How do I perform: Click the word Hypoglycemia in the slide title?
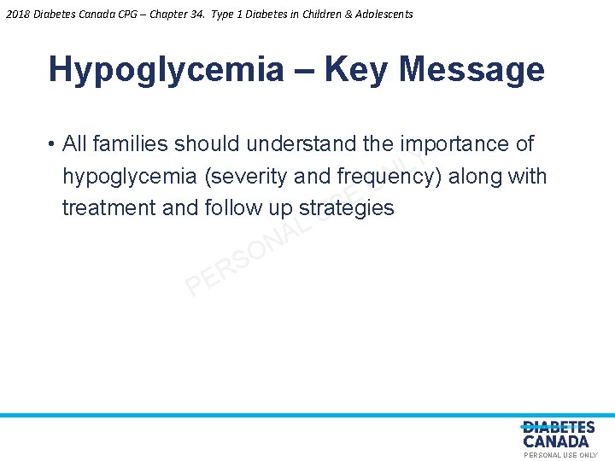pos(166,69)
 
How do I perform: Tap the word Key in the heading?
pos(356,69)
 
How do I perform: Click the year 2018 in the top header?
pos(15,14)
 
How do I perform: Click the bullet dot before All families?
pos(52,144)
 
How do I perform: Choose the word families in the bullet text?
pos(130,144)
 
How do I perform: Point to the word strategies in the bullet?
pos(346,208)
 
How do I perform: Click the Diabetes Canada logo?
pos(558,435)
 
